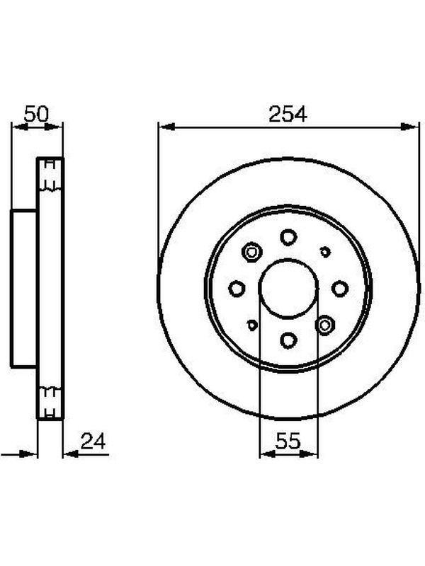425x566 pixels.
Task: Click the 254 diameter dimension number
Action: pos(288,114)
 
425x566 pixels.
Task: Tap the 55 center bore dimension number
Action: pos(288,441)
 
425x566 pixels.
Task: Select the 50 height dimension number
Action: pos(36,114)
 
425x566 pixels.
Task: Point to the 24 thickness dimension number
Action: pos(93,441)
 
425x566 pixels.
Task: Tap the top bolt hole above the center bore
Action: pos(288,237)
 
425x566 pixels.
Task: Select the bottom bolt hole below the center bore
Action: pos(288,340)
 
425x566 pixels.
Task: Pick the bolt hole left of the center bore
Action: pos(237,289)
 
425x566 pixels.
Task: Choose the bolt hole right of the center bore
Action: pos(340,289)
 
